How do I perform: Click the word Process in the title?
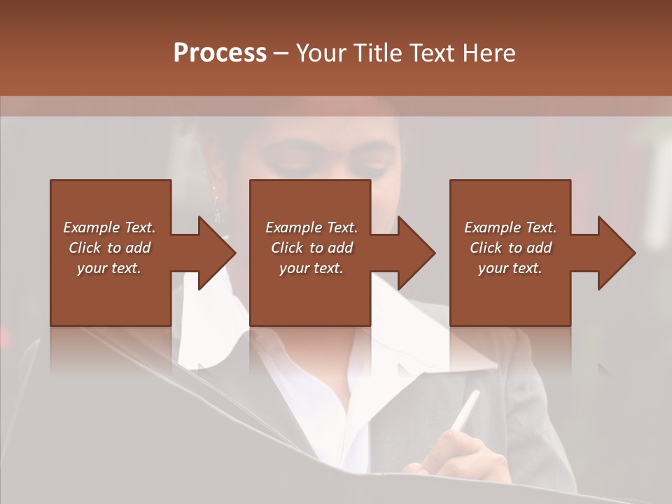(x=220, y=52)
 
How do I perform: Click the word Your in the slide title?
(x=321, y=52)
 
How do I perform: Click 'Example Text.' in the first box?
(x=109, y=227)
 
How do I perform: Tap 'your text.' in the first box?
(x=109, y=268)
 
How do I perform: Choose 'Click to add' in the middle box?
(x=311, y=248)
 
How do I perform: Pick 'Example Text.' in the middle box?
(x=311, y=227)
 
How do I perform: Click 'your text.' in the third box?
(x=510, y=268)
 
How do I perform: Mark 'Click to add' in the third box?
(x=510, y=248)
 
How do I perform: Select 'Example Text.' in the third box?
(x=510, y=227)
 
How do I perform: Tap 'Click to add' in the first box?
(x=109, y=248)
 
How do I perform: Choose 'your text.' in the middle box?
(x=311, y=268)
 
